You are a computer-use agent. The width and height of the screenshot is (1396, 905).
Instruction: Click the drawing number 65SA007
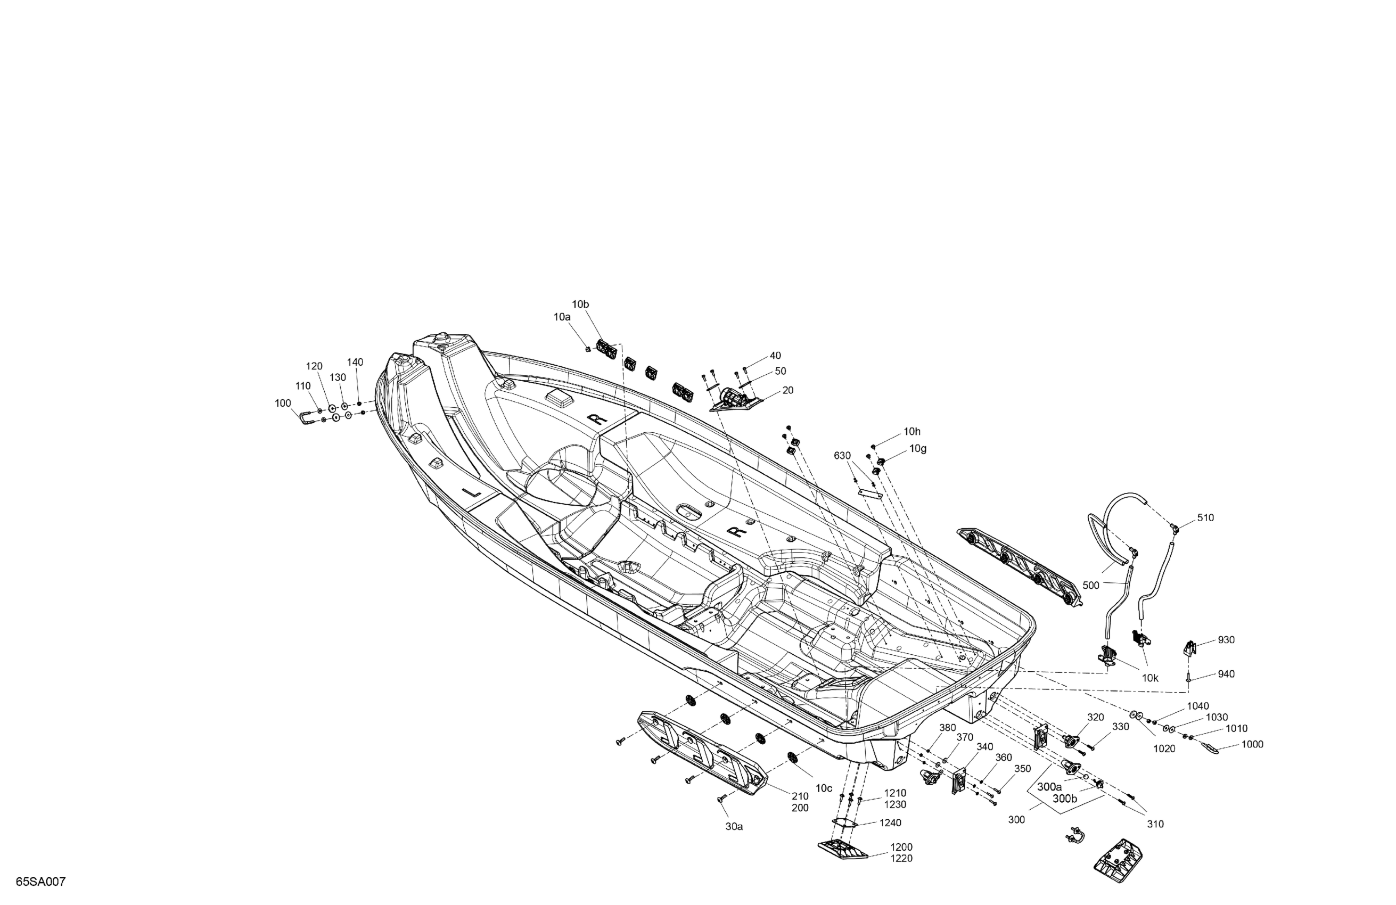coord(40,882)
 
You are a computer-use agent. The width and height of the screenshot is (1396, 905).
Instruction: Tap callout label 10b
coord(580,305)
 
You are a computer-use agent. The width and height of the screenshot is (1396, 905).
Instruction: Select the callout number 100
coord(283,403)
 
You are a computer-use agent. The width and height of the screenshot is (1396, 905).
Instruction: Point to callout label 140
coord(355,362)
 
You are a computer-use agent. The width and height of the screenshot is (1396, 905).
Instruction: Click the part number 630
coord(842,456)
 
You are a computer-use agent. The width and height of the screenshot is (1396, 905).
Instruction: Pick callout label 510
coord(1205,518)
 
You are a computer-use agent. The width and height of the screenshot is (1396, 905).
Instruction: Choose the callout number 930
coord(1226,640)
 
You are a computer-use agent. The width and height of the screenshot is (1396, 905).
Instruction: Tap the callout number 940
coord(1226,674)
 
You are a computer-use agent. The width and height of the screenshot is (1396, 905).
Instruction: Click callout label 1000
coord(1252,744)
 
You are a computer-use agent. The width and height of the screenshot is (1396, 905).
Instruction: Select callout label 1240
coord(890,823)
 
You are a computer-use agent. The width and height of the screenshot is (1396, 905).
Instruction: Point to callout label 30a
coord(734,826)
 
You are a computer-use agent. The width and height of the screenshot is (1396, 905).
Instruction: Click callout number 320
coord(1095,717)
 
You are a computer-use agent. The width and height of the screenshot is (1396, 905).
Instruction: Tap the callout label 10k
coord(1150,678)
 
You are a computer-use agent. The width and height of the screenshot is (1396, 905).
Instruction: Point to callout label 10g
coord(918,449)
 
